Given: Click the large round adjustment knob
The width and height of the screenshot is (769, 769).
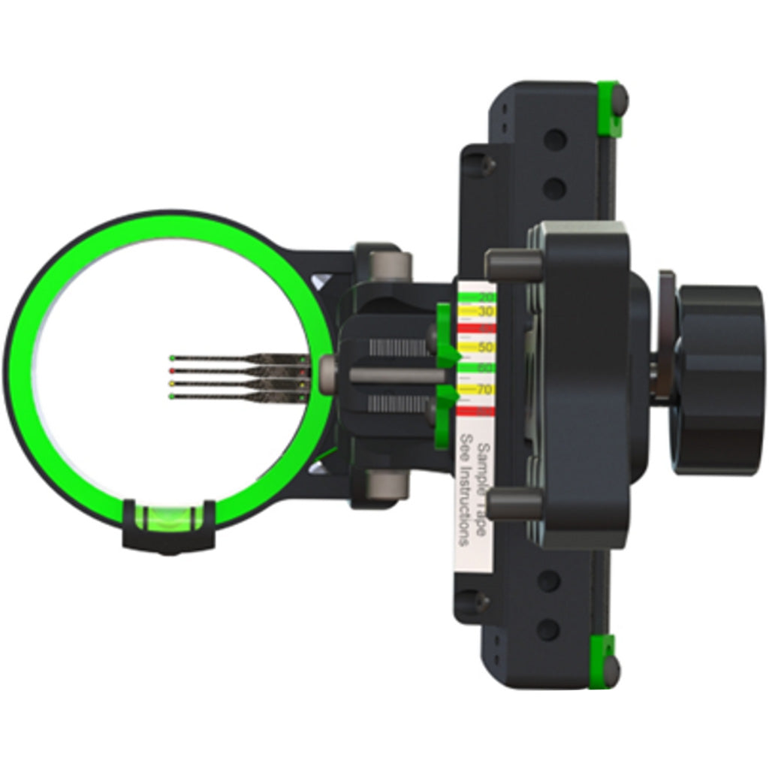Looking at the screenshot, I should [718, 380].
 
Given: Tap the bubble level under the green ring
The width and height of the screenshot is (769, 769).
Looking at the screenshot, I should [169, 516].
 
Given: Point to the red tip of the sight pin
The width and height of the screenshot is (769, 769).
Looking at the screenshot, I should [173, 371].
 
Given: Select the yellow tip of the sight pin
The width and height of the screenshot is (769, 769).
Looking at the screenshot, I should [173, 384].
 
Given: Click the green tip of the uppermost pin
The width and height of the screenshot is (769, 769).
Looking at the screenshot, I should [173, 358].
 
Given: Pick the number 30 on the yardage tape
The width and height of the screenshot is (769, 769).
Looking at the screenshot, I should [484, 311].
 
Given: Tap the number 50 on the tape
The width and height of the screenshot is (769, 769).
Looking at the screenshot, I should [484, 347].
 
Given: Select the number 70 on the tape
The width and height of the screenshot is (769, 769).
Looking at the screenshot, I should [484, 389].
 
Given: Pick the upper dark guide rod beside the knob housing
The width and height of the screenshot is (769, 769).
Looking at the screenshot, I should [514, 264].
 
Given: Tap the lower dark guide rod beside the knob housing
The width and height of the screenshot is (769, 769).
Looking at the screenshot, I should [514, 504].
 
